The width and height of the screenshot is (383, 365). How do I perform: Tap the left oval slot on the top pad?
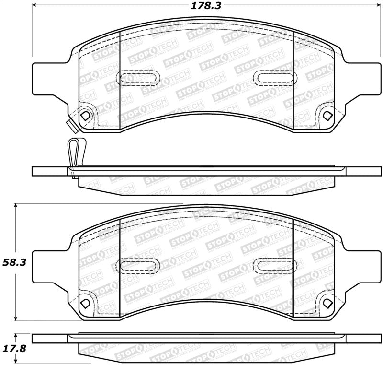pos(137,78)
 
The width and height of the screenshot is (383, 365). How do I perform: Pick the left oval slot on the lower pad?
pos(137,264)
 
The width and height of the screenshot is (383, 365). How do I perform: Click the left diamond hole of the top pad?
pos(86,116)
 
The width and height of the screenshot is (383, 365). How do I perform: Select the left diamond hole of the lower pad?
pos(86,304)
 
